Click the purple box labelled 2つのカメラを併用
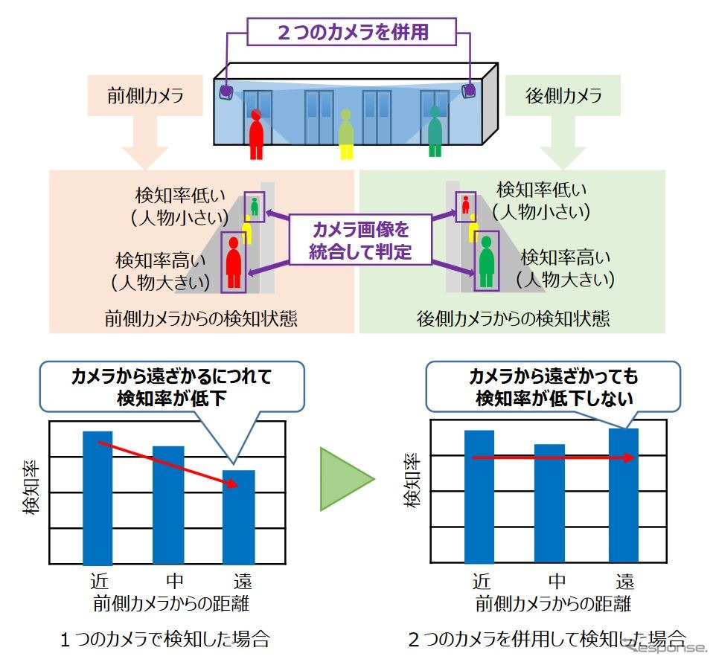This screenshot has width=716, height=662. coord(351,32)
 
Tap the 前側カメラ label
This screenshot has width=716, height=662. coord(145,95)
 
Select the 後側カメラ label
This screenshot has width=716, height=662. coord(563,95)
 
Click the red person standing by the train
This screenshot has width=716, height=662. coord(256,134)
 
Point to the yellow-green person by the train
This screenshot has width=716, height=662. coord(346,134)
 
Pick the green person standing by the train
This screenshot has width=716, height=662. coord(435,132)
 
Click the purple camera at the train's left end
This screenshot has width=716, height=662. coord(226,91)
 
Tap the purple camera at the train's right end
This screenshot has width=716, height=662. coord(468,90)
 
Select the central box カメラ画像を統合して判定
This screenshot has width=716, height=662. coord(360,240)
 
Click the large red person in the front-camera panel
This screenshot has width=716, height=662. coord(234,263)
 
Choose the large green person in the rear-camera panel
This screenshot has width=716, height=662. coord(487,261)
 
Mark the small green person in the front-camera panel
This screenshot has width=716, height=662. coord(255,206)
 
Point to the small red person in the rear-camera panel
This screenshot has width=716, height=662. coord(466,205)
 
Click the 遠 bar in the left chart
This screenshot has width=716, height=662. coord(238,518)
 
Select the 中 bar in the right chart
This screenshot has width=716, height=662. coord(549,504)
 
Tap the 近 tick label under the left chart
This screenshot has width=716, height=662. coord(99,581)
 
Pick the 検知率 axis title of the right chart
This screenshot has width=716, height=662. coord(412,481)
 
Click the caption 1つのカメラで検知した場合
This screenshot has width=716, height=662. coord(165,639)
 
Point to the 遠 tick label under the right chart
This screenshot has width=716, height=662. coord(624,581)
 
